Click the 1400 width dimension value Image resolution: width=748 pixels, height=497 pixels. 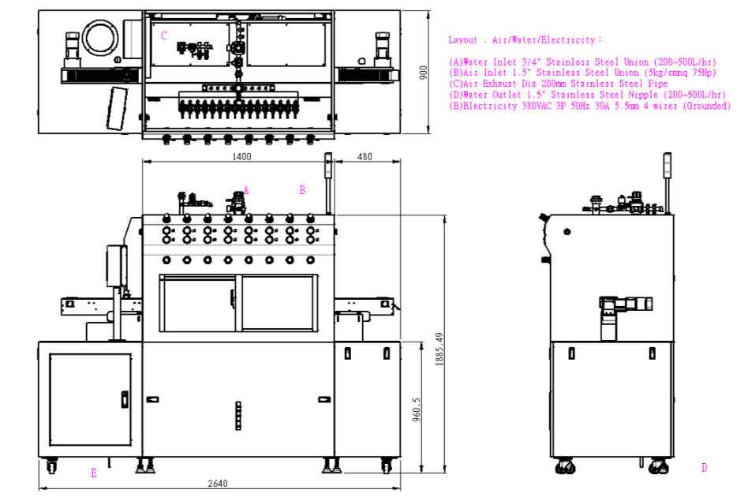pos(241,156)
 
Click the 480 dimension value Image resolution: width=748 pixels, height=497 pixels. pos(365,156)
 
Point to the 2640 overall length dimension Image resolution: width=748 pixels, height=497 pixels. pos(218,483)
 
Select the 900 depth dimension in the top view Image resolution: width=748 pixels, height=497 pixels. pos(423,73)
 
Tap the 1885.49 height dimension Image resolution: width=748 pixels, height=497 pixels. pos(439,349)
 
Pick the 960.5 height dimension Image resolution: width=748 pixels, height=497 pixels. pos(417,409)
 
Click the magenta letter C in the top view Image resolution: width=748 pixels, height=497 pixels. pos(163,35)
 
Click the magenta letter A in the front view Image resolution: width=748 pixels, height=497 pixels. pos(246,190)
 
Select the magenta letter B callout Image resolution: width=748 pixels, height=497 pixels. pos(302,190)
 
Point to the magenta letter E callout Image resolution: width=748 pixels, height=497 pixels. pos(94,473)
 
